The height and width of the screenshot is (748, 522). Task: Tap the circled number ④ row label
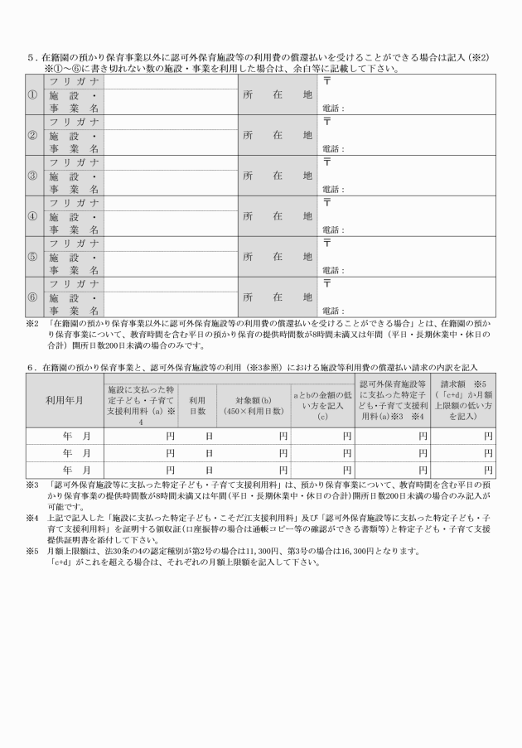coord(32,216)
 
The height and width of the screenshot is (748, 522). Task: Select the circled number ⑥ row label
coord(32,297)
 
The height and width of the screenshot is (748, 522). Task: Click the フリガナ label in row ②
coord(75,122)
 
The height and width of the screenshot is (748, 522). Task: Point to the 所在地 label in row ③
coord(278,176)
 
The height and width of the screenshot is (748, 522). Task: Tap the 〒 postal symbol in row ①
coord(327,81)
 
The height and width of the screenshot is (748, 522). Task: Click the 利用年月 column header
coord(64,400)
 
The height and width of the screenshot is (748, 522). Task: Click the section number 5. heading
coord(31,57)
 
